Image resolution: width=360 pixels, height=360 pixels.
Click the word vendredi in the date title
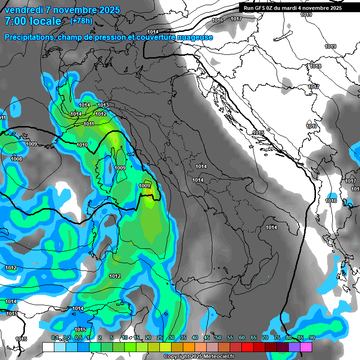(23, 10)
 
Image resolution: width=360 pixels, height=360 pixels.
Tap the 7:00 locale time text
(33, 21)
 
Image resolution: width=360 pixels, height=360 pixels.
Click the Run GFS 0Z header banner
(292, 8)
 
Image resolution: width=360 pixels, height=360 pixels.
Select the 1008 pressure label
(16, 159)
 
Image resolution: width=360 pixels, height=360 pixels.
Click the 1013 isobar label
(103, 105)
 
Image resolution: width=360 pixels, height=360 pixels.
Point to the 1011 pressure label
(89, 124)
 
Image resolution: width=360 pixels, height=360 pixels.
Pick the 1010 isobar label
(82, 145)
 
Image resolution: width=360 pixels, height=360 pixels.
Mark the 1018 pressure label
(315, 66)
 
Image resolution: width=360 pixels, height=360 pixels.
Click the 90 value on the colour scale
(312, 338)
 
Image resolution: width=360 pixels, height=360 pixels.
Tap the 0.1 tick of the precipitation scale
(55, 338)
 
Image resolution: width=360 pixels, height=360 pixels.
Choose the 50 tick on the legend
(218, 338)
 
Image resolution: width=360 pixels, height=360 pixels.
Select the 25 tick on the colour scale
(160, 338)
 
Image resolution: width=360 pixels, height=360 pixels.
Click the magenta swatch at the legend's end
(306, 347)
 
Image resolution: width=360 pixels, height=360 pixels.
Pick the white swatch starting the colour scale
(48, 347)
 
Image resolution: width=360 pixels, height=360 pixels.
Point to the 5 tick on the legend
(111, 338)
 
